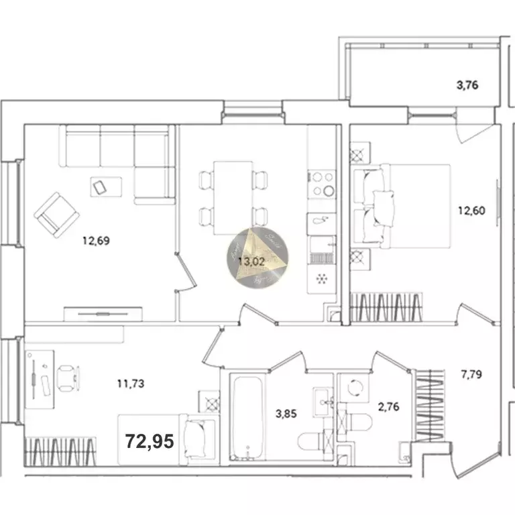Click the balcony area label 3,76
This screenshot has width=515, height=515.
[467, 85]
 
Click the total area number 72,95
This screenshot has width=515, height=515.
[150, 441]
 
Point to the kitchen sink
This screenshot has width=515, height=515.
[320, 222]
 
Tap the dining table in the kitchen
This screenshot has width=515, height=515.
[233, 197]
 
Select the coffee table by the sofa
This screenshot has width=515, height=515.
[106, 186]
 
